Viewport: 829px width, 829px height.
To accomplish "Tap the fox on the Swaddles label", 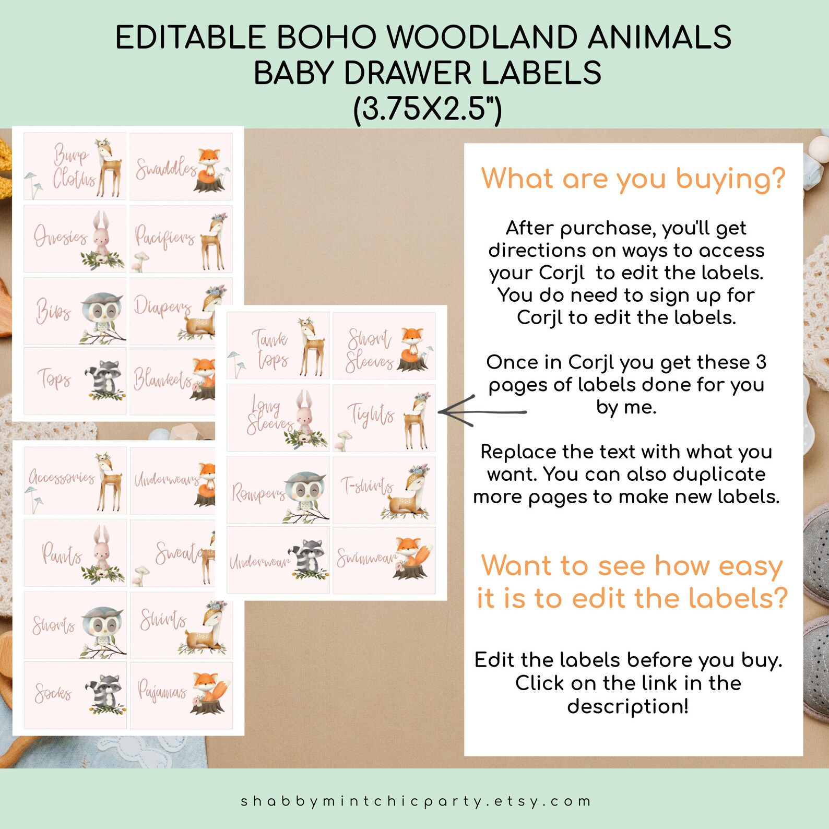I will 210,170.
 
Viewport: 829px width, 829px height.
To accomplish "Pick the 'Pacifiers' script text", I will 164,238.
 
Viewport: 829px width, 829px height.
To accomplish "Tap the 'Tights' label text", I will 371,415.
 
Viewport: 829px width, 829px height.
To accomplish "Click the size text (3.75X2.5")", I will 427,109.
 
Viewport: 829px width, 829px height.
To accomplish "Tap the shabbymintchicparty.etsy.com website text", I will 415,801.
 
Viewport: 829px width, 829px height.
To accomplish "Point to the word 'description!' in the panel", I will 627,706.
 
